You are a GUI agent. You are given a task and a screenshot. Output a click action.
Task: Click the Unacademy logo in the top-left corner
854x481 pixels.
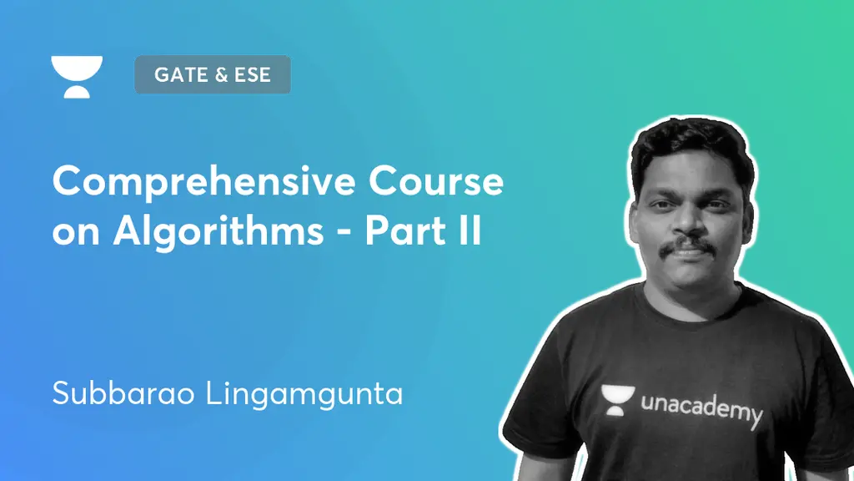tap(77, 76)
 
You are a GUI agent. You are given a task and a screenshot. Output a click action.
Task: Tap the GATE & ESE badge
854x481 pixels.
tap(212, 74)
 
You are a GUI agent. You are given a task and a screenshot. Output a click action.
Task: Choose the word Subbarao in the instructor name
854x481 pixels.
tap(108, 393)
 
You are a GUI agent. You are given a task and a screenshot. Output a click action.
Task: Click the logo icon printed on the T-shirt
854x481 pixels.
tap(617, 399)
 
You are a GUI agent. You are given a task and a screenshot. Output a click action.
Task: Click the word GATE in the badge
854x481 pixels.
tap(179, 74)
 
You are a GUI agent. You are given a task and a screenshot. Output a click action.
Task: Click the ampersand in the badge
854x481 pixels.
tap(221, 74)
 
